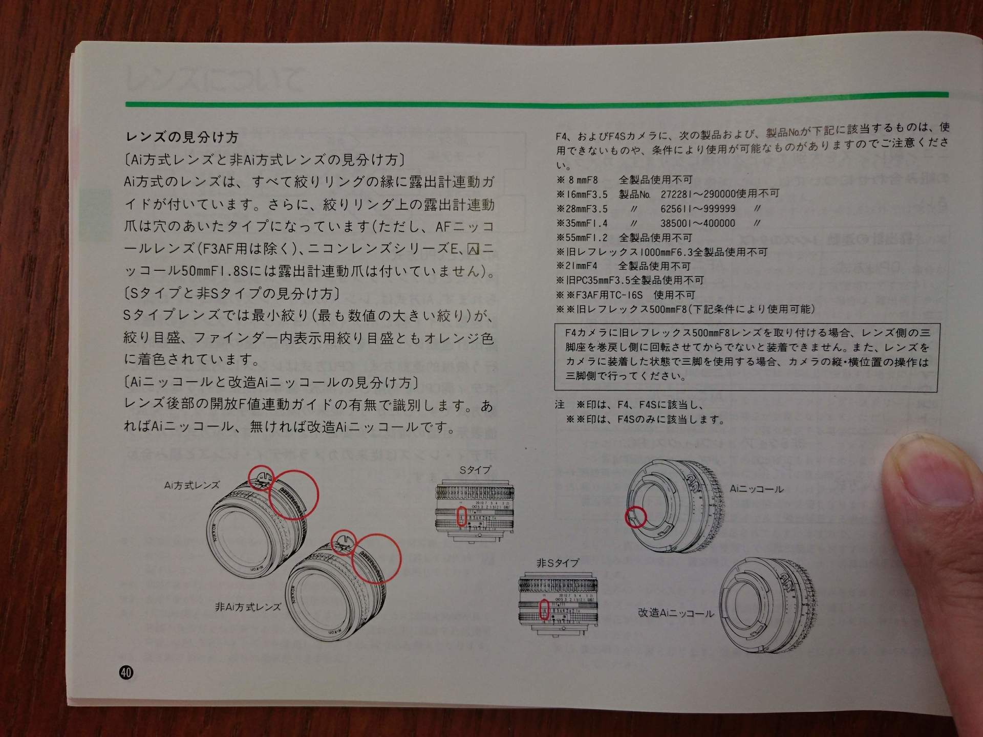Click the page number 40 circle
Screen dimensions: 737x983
pos(126,672)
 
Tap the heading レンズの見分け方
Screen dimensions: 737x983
pos(182,137)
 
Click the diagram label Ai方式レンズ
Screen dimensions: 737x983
pos(191,485)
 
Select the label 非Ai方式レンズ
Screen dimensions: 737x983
pos(248,607)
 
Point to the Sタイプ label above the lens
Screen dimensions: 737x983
pos(475,469)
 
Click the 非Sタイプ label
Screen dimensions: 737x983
pos(558,563)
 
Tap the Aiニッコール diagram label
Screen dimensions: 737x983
pos(756,489)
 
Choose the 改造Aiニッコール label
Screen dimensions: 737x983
pos(676,613)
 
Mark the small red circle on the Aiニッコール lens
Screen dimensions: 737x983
pos(636,517)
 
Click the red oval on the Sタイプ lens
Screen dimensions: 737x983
pos(461,517)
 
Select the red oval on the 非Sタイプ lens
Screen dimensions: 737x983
pos(545,610)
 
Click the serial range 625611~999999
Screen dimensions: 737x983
pos(698,209)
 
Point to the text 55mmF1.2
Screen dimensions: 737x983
pos(581,237)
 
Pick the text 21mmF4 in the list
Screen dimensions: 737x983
pos(581,266)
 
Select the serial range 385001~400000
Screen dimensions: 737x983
pos(698,223)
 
